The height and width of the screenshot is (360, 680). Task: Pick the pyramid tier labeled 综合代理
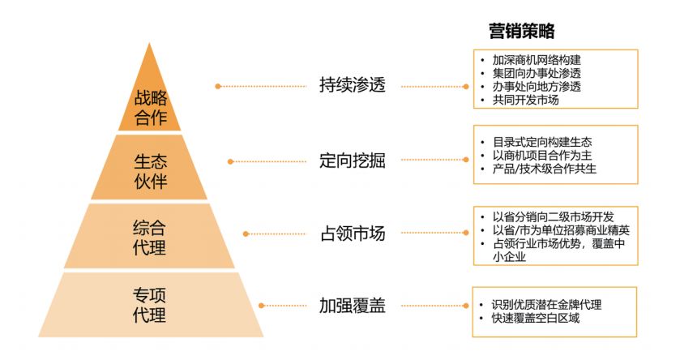coord(151,236)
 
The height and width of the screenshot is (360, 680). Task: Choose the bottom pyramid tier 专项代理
coord(151,305)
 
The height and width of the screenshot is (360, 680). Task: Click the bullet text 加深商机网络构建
coord(536,60)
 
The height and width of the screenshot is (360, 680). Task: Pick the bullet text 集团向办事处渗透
coord(536,74)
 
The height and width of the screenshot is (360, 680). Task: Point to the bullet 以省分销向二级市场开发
coord(553,216)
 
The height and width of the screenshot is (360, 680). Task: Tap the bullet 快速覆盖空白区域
coord(536,319)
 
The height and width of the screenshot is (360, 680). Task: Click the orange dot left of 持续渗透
coord(218,85)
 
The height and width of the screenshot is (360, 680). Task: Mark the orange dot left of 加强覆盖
coord(262,306)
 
